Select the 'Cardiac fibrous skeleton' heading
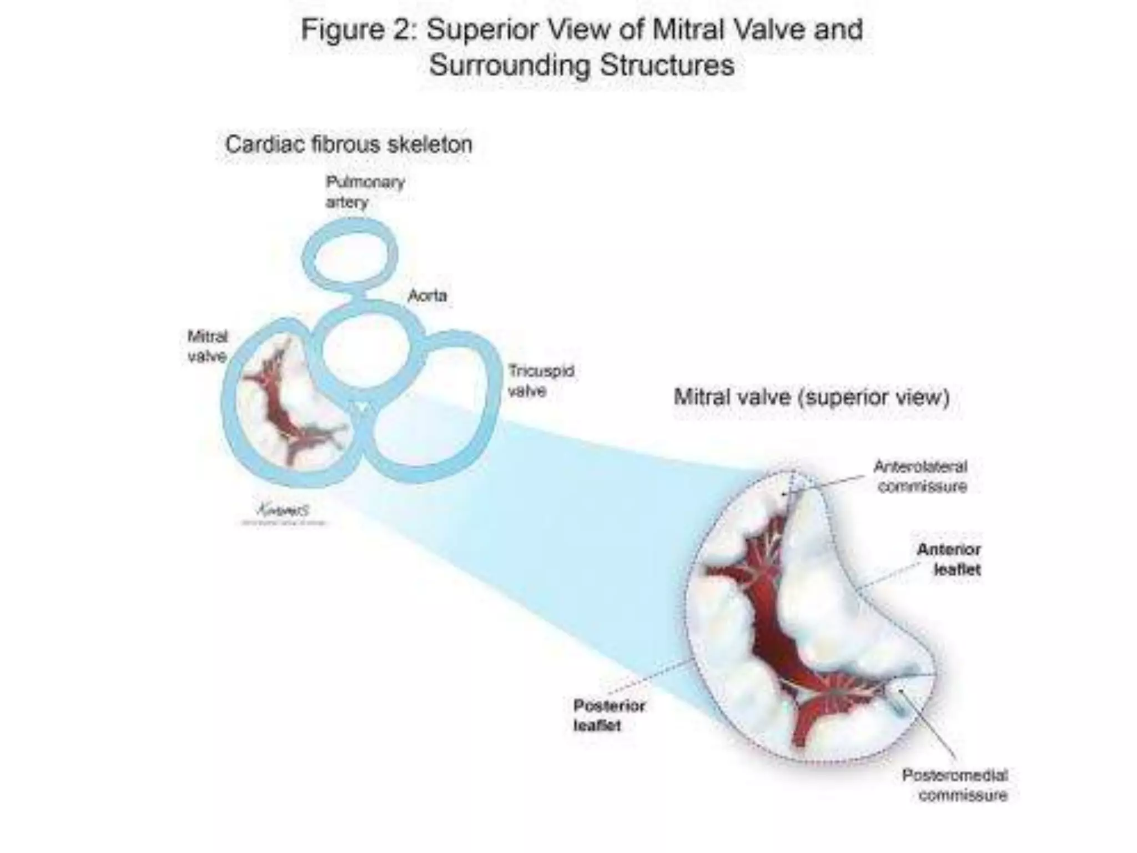(x=349, y=145)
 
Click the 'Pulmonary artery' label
(x=364, y=192)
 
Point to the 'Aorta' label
(x=427, y=295)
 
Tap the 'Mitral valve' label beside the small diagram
(x=208, y=346)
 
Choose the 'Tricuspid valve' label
(x=540, y=380)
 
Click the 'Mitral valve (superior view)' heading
(x=811, y=398)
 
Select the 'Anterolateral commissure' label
(x=921, y=476)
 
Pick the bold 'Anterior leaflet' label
(x=949, y=559)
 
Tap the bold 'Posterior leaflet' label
(x=608, y=715)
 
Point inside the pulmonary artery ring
(x=350, y=257)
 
